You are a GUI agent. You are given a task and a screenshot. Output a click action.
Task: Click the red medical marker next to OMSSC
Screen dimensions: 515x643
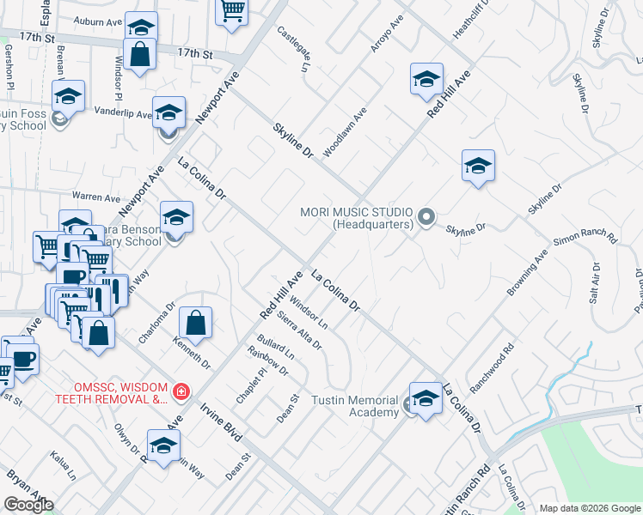(x=181, y=393)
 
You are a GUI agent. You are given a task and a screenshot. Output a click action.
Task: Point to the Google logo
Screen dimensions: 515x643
(x=28, y=505)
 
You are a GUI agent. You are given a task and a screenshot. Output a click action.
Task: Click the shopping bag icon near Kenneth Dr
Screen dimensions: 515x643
(x=197, y=324)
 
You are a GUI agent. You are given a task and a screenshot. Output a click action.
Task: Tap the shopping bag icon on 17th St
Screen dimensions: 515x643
(x=140, y=54)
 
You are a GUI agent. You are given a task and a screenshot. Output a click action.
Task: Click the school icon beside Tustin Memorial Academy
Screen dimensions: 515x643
(x=426, y=398)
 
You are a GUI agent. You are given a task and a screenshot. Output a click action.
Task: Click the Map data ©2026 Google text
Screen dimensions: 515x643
(x=588, y=508)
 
